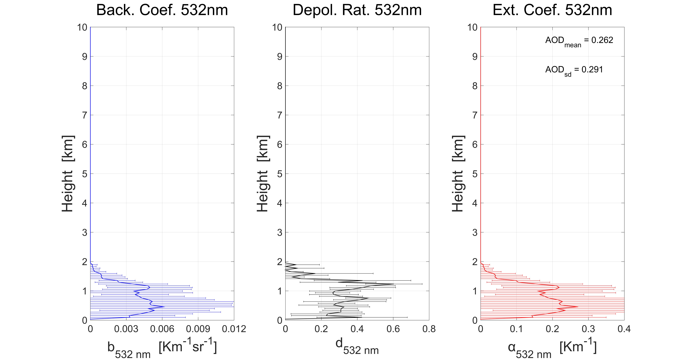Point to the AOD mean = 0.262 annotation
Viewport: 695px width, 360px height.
tap(579, 41)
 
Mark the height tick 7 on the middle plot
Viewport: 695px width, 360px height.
tap(280, 115)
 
